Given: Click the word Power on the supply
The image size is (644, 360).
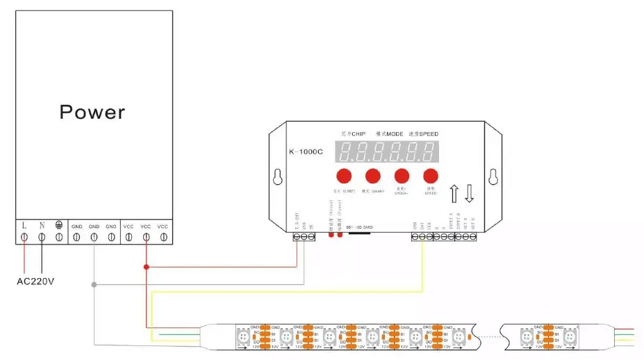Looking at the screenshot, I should [x=92, y=112].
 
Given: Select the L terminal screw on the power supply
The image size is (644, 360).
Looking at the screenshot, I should [x=25, y=237].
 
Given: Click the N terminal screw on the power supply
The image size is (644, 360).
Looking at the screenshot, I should [x=42, y=237].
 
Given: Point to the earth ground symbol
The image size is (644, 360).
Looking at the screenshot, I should [x=59, y=226].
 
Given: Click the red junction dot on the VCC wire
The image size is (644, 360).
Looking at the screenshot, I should [x=146, y=266].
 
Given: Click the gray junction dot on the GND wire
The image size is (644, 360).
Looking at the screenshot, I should [x=94, y=284].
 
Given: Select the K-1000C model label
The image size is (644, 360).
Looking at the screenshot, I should [x=306, y=151].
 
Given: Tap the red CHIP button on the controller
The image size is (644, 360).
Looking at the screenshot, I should [x=344, y=176].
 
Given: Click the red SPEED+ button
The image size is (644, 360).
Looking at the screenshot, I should [x=402, y=176].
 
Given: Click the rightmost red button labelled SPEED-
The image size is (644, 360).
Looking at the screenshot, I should [x=431, y=176].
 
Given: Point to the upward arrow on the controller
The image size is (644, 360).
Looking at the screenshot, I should [x=454, y=193].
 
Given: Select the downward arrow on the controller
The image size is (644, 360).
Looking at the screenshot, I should [x=469, y=193].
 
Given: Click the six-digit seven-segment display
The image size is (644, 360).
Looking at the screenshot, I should [x=387, y=152].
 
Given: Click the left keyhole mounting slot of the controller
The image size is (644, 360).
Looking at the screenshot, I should [x=277, y=176].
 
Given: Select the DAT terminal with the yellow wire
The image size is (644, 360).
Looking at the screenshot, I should [x=422, y=237].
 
